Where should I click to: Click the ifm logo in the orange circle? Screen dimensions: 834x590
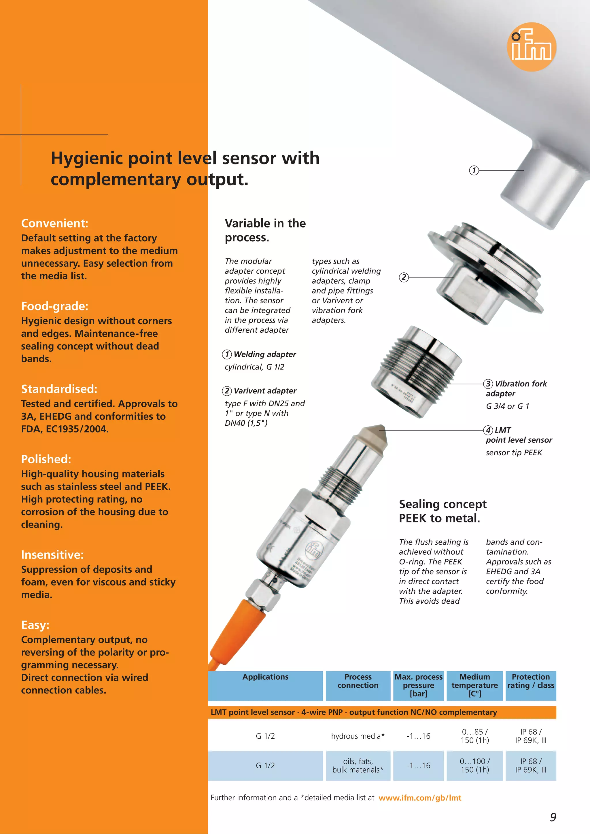pyautogui.click(x=532, y=47)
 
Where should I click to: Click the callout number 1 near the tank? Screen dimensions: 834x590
pyautogui.click(x=474, y=170)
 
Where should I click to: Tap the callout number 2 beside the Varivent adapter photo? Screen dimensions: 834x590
pyautogui.click(x=404, y=277)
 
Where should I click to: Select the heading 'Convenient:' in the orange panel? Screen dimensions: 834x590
pyautogui.click(x=54, y=223)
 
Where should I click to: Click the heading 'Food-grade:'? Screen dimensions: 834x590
pyautogui.click(x=54, y=306)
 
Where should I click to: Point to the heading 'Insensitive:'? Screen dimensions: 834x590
pyautogui.click(x=52, y=554)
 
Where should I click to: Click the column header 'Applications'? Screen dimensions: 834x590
pyautogui.click(x=265, y=677)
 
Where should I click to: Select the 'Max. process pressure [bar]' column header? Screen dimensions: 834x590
pyautogui.click(x=419, y=685)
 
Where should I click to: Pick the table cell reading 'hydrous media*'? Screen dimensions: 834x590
pyautogui.click(x=358, y=736)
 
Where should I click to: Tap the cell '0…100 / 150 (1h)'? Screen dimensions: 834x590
pyautogui.click(x=475, y=765)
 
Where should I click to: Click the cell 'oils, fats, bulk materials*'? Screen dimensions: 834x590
pyautogui.click(x=358, y=765)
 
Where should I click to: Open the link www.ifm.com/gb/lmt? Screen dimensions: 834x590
pyautogui.click(x=420, y=798)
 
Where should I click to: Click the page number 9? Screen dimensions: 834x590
pyautogui.click(x=553, y=817)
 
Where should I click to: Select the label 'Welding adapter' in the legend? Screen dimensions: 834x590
pyautogui.click(x=264, y=354)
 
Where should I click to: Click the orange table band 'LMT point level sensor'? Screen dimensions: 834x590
pyautogui.click(x=353, y=712)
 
